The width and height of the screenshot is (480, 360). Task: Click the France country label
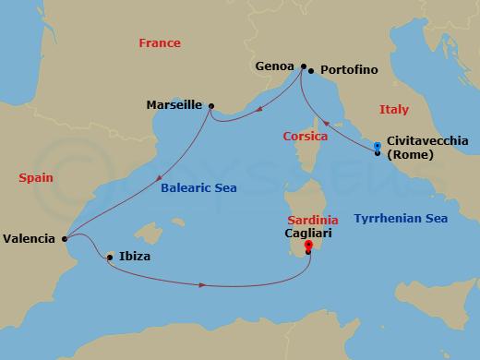point(159,43)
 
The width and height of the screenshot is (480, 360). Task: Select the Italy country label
point(393,110)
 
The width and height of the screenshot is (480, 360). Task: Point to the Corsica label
point(305,137)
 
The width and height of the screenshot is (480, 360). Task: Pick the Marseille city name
point(174,105)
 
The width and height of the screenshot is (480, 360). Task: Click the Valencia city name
point(29,238)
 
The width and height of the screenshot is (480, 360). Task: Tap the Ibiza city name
point(135,257)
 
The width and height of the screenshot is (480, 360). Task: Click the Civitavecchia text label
point(427,140)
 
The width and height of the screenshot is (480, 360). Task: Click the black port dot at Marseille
point(211,106)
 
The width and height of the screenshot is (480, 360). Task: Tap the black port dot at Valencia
point(64,239)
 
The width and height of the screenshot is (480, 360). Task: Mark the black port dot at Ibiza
point(110,257)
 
